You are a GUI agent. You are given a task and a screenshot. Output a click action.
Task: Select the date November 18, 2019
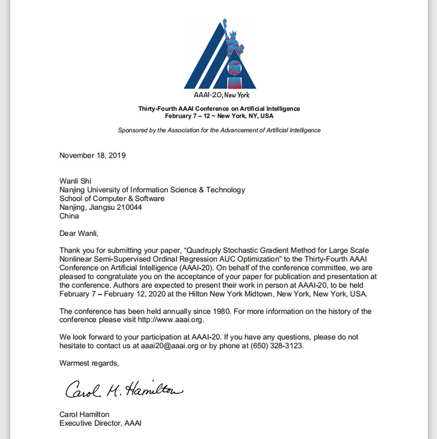point(92,155)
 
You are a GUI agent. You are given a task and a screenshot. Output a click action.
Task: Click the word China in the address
point(69,216)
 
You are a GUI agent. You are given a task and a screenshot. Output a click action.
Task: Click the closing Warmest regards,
point(89,362)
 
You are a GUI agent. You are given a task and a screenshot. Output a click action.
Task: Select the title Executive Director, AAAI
point(100,423)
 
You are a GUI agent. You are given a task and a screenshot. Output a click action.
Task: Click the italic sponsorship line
point(219,130)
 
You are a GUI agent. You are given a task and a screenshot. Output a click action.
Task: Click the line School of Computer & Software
point(112,198)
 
